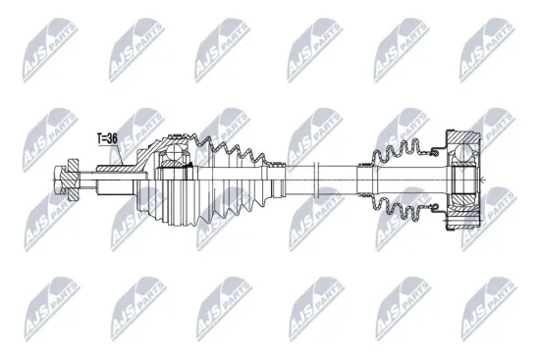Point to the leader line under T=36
coord(111,155)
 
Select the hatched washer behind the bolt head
coord(77,179)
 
